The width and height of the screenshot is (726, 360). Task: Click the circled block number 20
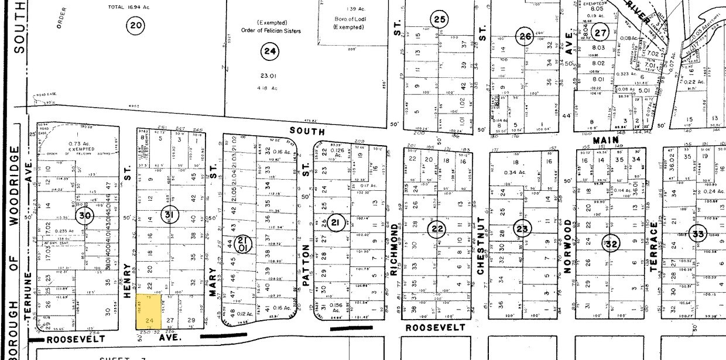coord(135,25)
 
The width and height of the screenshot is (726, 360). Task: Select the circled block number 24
coord(269,52)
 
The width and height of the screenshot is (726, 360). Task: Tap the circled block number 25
coord(440,19)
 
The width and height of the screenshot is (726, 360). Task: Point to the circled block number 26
coord(525,37)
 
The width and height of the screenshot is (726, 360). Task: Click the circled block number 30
coord(85,215)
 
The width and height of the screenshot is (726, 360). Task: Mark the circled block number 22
coord(437,229)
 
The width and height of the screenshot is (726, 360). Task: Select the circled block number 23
coord(522,229)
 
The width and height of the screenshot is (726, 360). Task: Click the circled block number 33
coord(697,232)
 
